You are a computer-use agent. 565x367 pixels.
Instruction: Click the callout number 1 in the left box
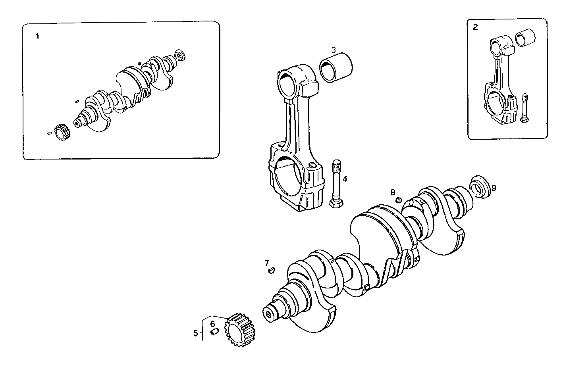tap(38, 37)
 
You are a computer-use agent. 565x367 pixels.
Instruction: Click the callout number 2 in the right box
tap(475, 27)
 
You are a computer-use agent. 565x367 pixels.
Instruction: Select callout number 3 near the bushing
tap(334, 50)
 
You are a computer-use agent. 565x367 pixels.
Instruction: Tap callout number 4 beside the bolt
tap(345, 179)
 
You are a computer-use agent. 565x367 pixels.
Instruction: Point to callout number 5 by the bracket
tap(195, 333)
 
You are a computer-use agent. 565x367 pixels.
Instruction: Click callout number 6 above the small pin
tap(212, 324)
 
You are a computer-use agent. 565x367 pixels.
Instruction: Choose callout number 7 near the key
tap(267, 263)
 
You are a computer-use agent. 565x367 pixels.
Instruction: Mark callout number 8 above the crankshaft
tap(392, 192)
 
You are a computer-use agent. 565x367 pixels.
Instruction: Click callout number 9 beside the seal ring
tap(494, 188)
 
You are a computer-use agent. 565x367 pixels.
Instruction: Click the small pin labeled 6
tap(214, 331)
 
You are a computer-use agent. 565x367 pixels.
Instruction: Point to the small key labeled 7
tap(272, 271)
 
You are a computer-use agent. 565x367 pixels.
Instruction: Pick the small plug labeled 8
tap(399, 200)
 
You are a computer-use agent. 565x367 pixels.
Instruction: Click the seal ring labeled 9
tap(480, 186)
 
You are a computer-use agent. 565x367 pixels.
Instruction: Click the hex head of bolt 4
tap(337, 204)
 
